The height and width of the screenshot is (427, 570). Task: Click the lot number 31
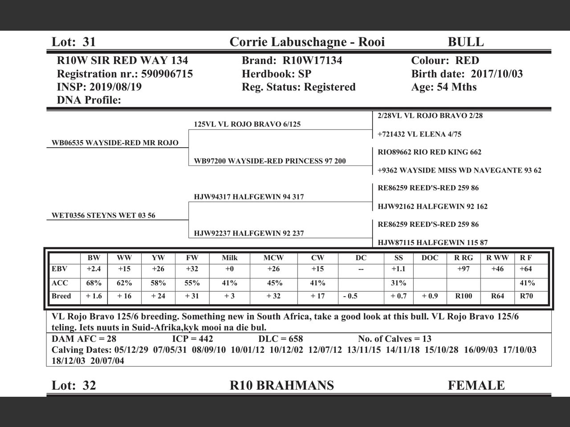tap(89, 42)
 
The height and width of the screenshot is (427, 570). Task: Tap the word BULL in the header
tap(465, 42)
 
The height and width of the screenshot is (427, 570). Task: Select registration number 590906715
tap(167, 74)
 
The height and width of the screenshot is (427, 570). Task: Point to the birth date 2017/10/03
tap(497, 74)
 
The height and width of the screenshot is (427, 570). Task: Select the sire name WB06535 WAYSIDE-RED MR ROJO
tap(115, 143)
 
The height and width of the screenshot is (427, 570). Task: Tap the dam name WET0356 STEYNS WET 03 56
tap(103, 216)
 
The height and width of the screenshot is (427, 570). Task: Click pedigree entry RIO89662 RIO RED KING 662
tap(429, 152)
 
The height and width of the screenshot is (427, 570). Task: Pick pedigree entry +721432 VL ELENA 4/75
tap(419, 134)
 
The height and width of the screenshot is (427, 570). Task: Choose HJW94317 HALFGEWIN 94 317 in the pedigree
tap(248, 197)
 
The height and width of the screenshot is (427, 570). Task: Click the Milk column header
tap(229, 258)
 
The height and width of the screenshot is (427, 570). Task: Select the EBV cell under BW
tap(94, 269)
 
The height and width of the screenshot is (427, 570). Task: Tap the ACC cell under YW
tap(158, 283)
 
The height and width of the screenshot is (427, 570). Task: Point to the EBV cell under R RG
tap(464, 269)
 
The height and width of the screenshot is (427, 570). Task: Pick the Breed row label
tap(61, 296)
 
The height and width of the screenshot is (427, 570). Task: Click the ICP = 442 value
tap(192, 339)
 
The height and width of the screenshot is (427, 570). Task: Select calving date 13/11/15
tap(363, 350)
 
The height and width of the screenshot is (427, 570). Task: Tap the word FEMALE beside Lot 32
tap(476, 385)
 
